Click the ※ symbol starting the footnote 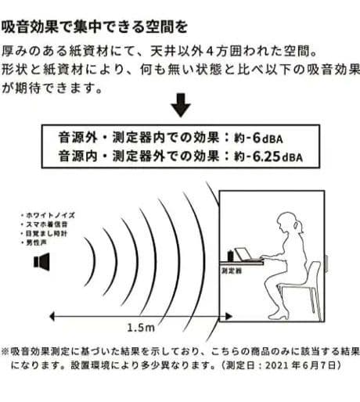pos(7,351)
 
